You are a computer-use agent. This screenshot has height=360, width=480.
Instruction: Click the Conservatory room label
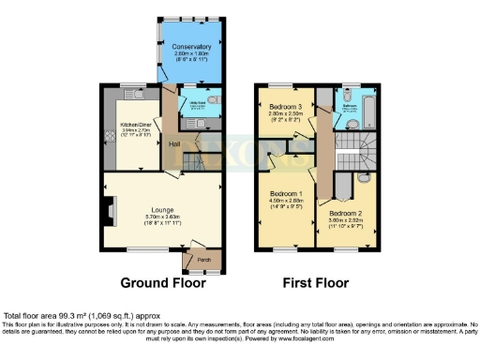tap(191, 45)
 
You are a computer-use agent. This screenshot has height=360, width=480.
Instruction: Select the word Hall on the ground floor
tap(174, 143)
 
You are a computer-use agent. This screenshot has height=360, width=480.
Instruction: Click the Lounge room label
tap(165, 210)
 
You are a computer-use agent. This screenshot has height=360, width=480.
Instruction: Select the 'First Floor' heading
tap(317, 282)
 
